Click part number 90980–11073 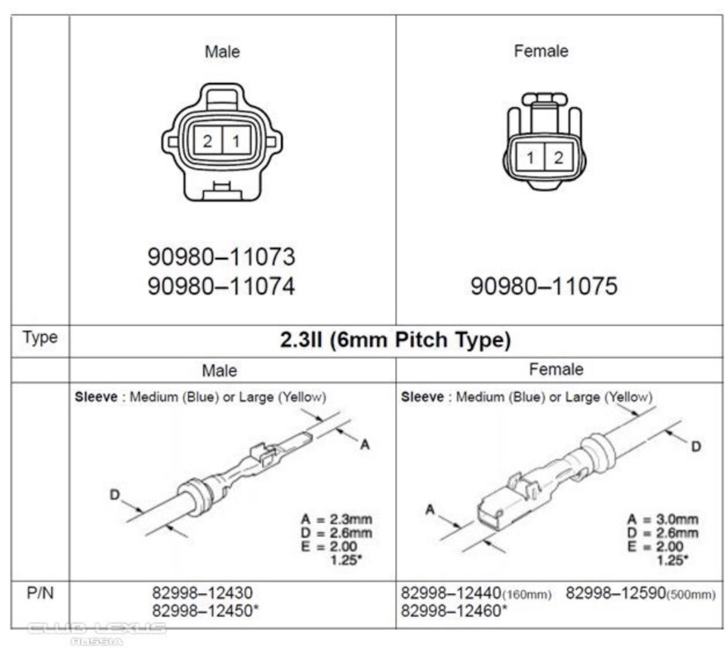click(221, 257)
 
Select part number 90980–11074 click(221, 287)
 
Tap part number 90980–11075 click(544, 287)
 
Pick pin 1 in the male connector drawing click(236, 140)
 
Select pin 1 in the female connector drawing click(531, 158)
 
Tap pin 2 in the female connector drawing click(559, 158)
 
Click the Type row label click(40, 337)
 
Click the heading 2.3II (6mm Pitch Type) click(395, 340)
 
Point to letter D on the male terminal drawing click(115, 495)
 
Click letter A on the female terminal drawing click(430, 510)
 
